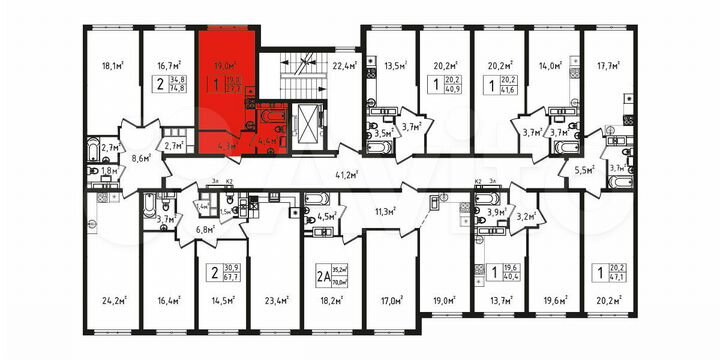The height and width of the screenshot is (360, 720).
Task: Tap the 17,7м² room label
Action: pyautogui.click(x=607, y=70)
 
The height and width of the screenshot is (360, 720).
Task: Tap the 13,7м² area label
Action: pyautogui.click(x=499, y=297)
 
